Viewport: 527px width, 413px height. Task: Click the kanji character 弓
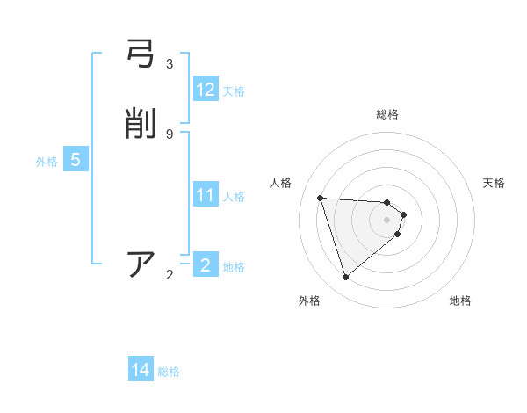[x=141, y=57]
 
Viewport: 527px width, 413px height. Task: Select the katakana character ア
[x=141, y=264]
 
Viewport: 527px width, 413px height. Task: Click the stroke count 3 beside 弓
[x=170, y=64]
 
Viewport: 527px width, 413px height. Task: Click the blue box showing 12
[x=206, y=90]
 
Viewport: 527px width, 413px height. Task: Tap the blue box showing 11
[x=206, y=195]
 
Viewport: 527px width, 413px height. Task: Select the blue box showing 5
[x=76, y=160]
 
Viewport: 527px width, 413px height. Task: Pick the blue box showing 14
[x=141, y=370]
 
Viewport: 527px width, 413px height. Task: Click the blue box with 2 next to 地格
[x=206, y=265]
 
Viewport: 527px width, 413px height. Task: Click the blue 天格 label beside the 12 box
[x=234, y=91]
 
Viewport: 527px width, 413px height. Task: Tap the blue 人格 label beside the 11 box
[x=235, y=197]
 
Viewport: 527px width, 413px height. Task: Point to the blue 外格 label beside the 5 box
[x=47, y=162]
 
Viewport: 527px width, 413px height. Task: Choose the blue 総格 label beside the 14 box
[x=169, y=372]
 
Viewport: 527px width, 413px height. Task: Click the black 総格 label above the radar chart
[x=387, y=114]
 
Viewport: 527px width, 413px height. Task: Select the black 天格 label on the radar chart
[x=495, y=183]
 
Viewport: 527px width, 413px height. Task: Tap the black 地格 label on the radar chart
[x=460, y=301]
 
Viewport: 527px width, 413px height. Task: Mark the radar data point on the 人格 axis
[x=321, y=198]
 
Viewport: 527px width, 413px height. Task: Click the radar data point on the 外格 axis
[x=345, y=278]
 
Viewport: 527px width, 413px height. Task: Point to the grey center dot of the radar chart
[x=386, y=220]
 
